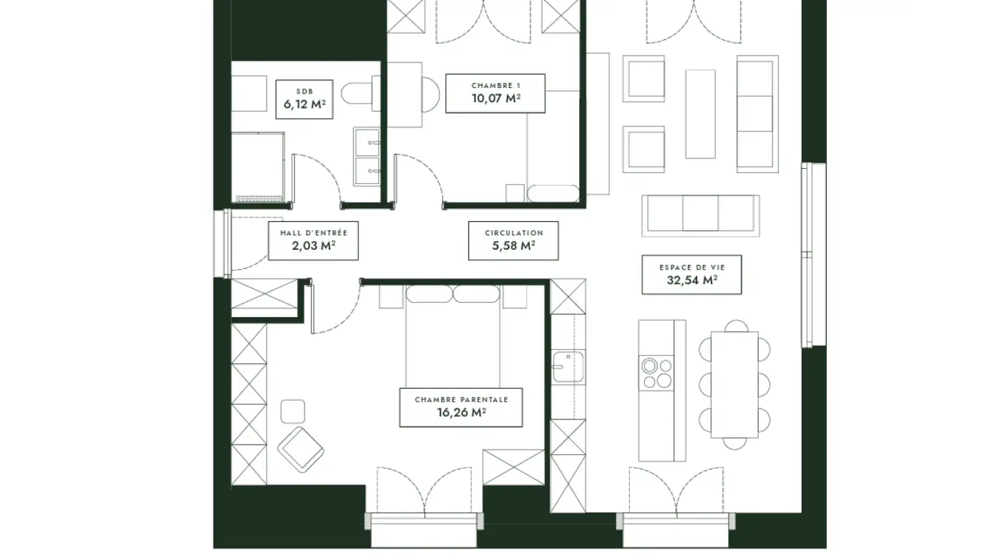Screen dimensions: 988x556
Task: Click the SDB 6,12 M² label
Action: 305,100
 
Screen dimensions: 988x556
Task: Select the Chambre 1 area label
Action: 495,93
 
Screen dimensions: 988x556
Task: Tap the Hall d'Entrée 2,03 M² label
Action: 313,240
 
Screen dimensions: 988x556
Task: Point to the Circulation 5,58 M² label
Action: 513,240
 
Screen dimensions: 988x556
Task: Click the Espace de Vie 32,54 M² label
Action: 692,275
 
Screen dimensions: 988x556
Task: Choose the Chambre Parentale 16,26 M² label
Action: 461,407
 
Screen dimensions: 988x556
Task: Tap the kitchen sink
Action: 568,367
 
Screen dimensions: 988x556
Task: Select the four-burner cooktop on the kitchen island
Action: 657,373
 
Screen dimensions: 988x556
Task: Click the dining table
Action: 734,385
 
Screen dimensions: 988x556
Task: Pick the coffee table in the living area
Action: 701,114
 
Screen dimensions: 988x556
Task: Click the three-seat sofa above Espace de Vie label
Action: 701,216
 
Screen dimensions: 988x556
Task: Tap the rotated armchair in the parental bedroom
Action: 301,450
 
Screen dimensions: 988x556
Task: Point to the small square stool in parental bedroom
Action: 293,411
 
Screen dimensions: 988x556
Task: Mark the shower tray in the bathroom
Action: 257,167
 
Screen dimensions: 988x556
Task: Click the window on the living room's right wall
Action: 813,255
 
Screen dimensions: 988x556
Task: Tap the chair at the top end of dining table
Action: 736,326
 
